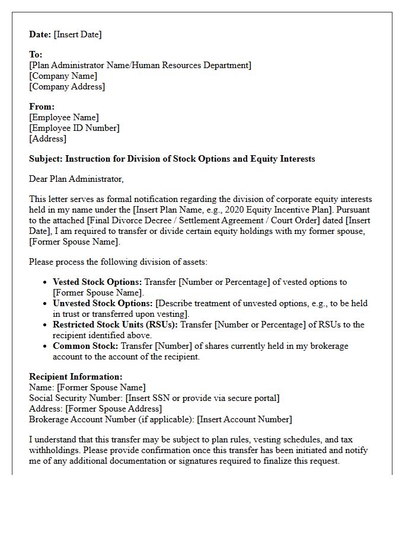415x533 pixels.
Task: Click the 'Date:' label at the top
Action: [40, 34]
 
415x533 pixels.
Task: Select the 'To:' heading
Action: [36, 54]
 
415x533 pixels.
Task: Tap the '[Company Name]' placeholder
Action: [63, 76]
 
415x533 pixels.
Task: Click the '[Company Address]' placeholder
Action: [67, 86]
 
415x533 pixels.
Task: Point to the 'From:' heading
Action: [41, 107]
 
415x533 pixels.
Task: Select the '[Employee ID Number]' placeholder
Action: [74, 128]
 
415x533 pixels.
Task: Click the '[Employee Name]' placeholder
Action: [64, 117]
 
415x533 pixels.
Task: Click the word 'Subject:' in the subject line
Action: [46, 159]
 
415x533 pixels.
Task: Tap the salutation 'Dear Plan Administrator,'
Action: [76, 178]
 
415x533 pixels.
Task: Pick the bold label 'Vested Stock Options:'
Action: [97, 282]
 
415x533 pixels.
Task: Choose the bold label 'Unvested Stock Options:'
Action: [103, 303]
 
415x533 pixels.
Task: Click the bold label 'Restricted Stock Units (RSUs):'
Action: [115, 325]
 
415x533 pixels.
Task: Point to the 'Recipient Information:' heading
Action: [76, 377]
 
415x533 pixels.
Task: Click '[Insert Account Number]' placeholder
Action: [244, 419]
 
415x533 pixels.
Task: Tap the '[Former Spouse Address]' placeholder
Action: [113, 409]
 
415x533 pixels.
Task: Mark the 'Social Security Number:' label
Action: [76, 398]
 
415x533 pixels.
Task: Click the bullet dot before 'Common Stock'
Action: [46, 346]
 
